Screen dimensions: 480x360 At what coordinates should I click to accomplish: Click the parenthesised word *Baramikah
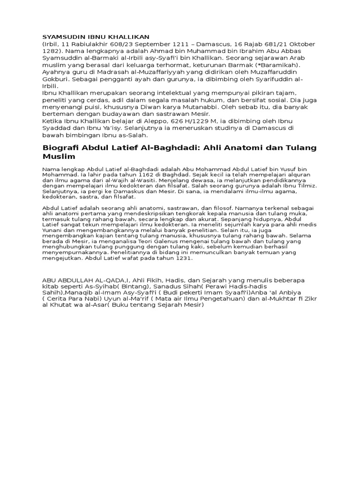click(281, 65)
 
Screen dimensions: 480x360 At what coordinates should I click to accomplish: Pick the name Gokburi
click(56, 79)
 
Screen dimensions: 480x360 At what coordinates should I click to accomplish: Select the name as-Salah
click(135, 135)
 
